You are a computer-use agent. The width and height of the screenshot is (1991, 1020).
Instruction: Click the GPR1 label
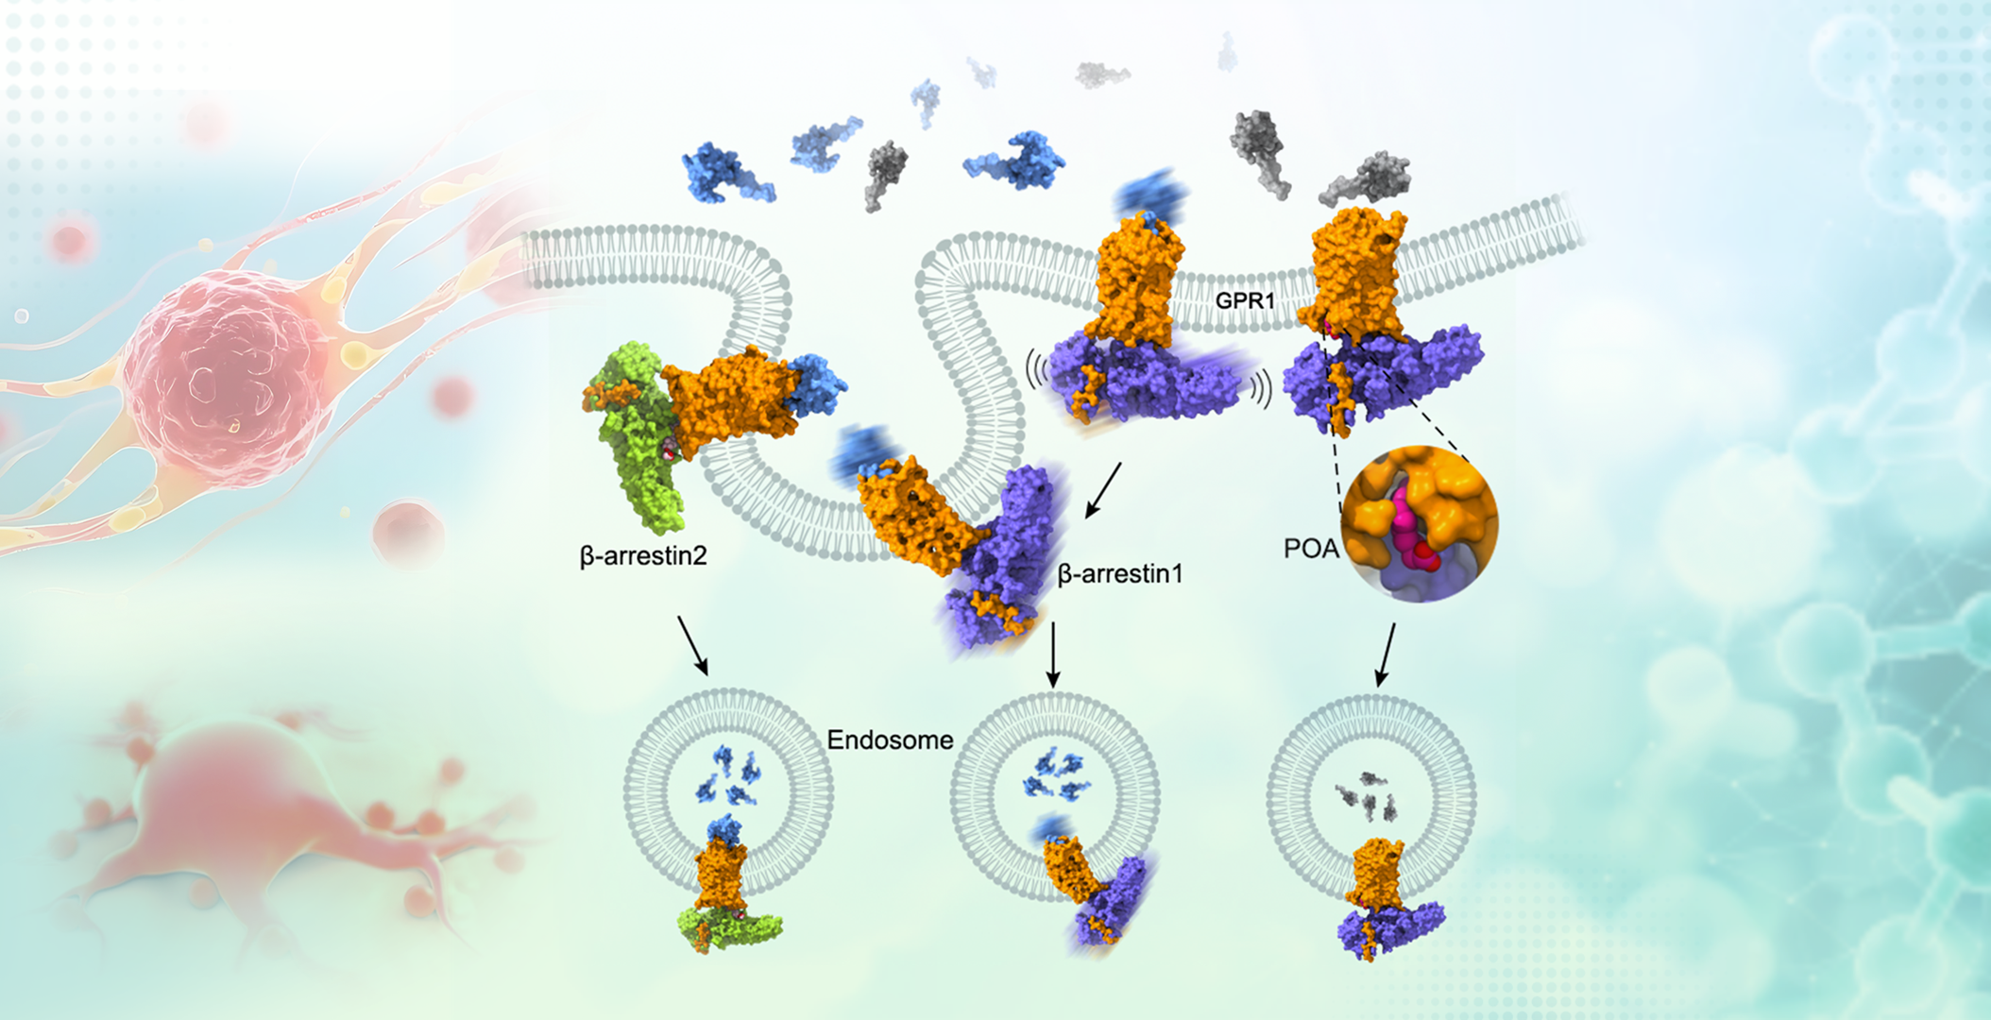[x=1245, y=300]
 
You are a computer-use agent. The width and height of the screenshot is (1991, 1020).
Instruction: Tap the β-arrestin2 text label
[x=643, y=556]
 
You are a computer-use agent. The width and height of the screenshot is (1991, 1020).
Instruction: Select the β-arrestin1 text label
[x=1120, y=573]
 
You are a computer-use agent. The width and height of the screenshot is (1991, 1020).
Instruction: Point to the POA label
[x=1311, y=549]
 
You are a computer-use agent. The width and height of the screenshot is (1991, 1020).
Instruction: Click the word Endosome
[x=890, y=739]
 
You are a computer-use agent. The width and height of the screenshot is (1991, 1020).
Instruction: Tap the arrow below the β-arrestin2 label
[x=692, y=646]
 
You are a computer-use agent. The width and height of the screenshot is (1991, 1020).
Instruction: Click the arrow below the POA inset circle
[x=1386, y=654]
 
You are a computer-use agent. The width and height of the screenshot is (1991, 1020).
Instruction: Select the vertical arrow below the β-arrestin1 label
[x=1053, y=654]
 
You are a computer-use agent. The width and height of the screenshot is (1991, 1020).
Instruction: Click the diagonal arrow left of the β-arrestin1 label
[x=1103, y=490]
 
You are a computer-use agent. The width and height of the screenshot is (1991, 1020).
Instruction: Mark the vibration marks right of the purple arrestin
[x=1262, y=387]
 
